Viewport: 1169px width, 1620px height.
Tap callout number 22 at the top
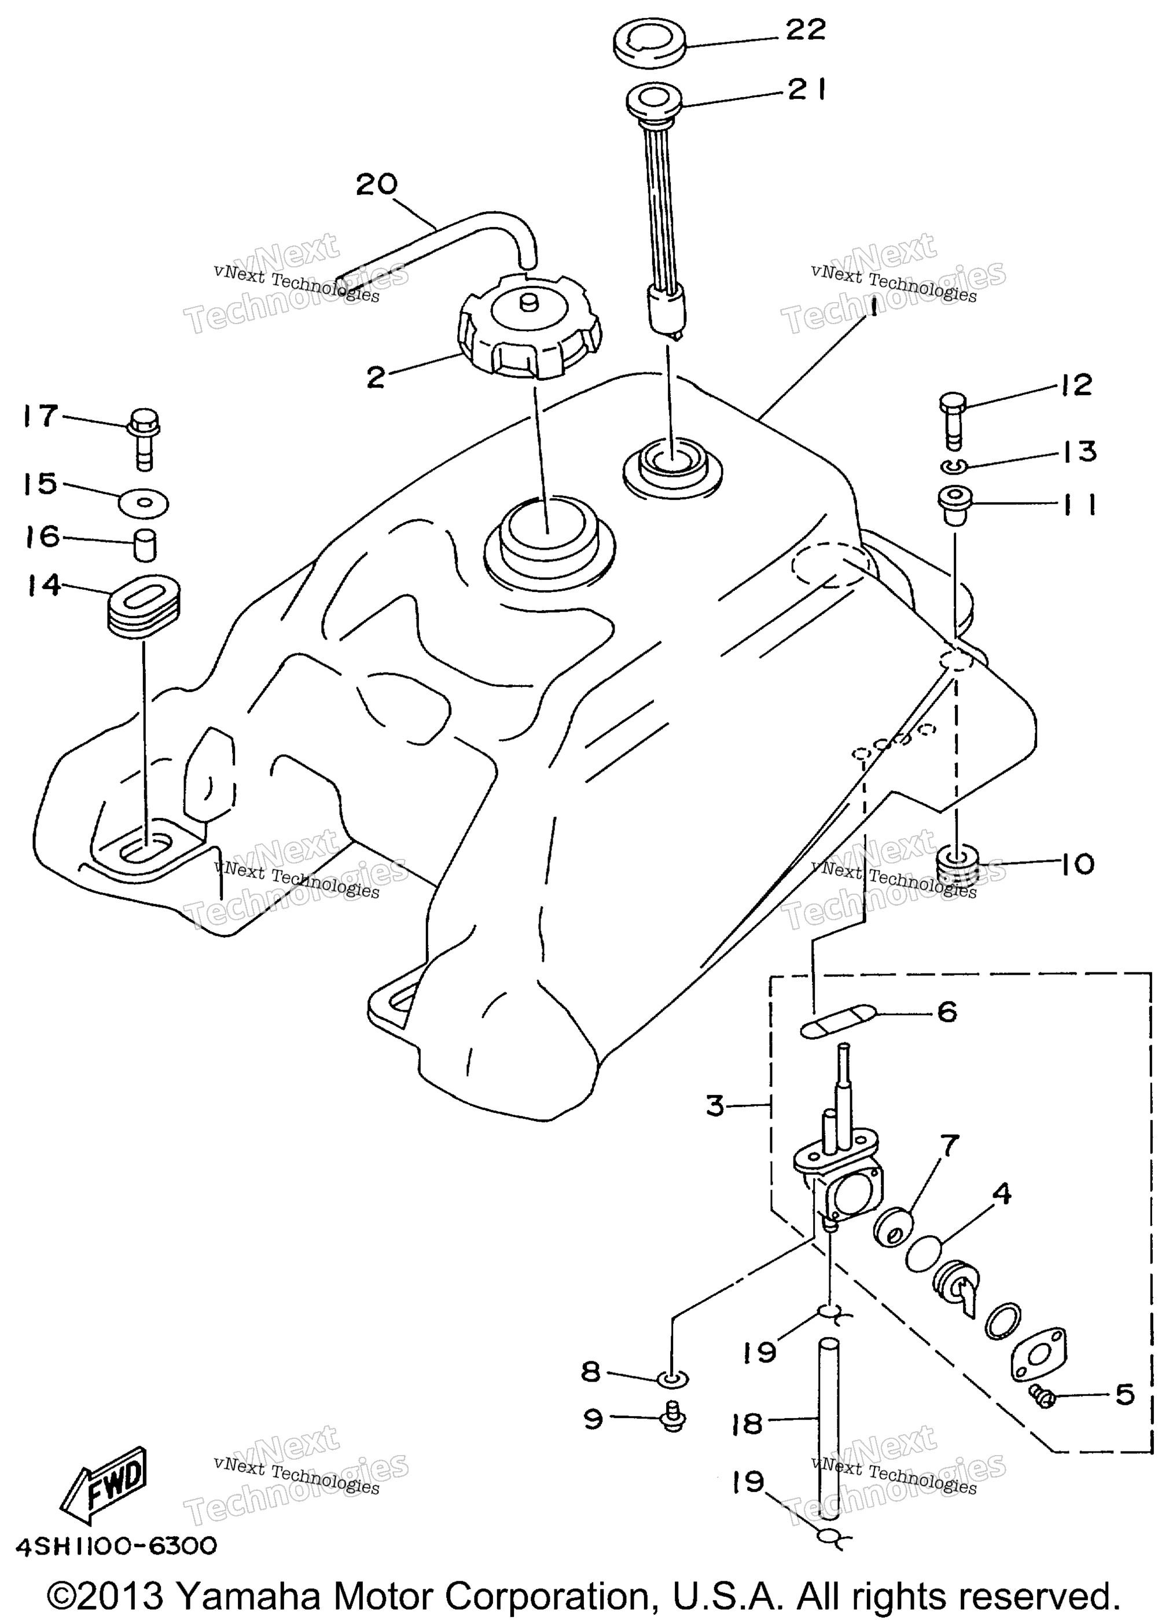coord(806,30)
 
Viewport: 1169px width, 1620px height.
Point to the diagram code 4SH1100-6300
coord(116,1546)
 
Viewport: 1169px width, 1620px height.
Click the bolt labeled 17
coord(144,439)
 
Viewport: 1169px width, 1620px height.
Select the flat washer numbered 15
coord(144,502)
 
